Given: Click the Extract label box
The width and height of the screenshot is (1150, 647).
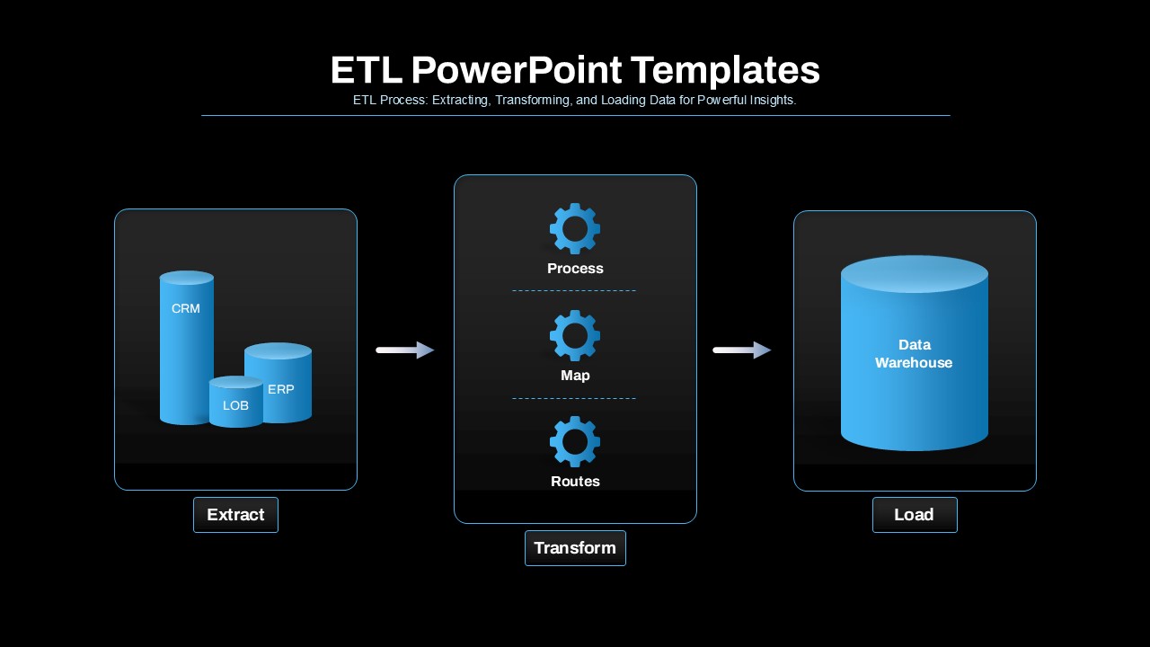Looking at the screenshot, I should coord(235,515).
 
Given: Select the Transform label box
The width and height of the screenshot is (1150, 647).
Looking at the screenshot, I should coord(575,548).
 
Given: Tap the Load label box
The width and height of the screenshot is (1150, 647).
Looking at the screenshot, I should coord(915,515).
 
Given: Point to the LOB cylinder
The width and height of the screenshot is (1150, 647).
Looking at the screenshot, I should coord(235,404).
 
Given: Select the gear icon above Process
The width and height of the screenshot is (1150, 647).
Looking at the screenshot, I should coord(575,228).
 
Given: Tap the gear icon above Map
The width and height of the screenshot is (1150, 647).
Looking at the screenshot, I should coord(575,335).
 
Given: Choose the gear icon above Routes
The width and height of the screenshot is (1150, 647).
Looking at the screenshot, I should coord(575,441).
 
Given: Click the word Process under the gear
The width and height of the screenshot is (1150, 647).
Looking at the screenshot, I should coord(575,269).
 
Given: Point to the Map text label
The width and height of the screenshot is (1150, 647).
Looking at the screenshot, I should coord(575,376).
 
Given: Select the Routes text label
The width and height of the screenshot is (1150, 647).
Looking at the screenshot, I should coord(575,482).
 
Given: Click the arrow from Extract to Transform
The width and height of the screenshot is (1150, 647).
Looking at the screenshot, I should coord(404,350).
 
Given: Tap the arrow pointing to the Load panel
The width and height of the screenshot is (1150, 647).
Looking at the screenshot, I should coord(741,350).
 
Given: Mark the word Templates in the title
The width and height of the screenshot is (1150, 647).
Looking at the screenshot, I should coord(725,70).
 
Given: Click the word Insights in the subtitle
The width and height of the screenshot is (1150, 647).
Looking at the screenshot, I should coord(771,101).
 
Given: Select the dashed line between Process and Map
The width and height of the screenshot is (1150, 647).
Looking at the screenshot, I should coord(574,291).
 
